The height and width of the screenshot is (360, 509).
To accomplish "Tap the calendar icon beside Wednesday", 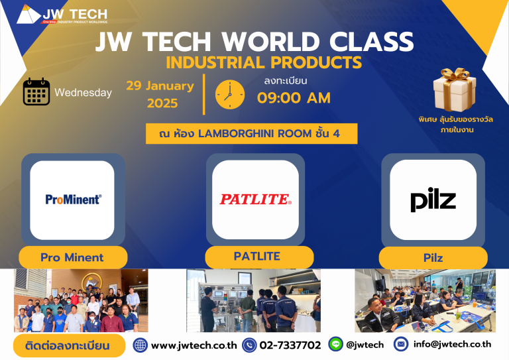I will pos(36,92).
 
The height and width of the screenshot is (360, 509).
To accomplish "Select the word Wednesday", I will pos(84,93).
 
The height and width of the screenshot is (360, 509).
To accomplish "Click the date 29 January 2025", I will pos(160,94).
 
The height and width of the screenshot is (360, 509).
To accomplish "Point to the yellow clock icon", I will pos(230,94).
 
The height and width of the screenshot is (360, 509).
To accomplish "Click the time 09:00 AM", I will pos(294,98).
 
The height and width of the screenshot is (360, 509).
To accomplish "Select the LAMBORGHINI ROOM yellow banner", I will pos(252,133).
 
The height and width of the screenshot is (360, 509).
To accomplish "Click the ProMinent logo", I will pos(73,199).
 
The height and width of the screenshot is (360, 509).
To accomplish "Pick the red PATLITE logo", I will pos(255,199).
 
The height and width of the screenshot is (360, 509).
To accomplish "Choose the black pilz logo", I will pos(432,200).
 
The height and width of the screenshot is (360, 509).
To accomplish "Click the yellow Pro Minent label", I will pos(72,257).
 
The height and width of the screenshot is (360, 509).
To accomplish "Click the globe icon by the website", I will pos(141,345).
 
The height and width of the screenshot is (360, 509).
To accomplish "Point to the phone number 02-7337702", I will pos(291,345).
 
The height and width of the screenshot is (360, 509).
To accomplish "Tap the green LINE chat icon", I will pos(335,345).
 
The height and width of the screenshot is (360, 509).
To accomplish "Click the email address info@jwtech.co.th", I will pos(452,344).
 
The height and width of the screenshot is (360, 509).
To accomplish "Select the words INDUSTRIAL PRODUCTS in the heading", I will pos(264,63).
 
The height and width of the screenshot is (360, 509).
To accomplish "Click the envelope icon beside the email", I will pos(401,344).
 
